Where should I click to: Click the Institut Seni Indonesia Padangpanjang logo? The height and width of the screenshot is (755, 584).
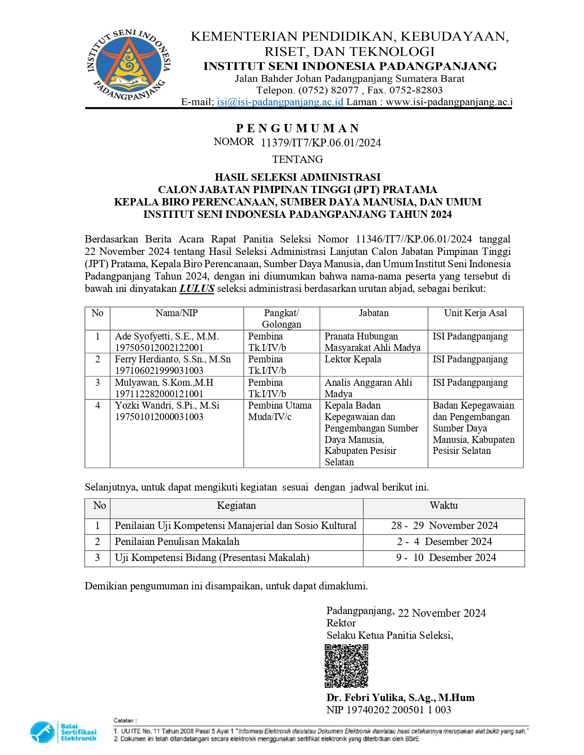point(128,65)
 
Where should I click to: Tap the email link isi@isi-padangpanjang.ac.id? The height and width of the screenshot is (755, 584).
point(280,102)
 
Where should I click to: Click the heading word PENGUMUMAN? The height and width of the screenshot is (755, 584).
point(298,128)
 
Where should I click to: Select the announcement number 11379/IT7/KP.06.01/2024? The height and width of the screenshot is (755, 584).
point(321,143)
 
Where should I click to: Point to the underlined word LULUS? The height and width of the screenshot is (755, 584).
point(197,289)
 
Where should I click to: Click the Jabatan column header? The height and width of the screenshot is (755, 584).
point(374,313)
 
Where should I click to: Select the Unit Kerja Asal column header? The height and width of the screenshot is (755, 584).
point(475,313)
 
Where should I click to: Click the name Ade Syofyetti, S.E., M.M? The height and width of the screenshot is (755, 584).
point(167,337)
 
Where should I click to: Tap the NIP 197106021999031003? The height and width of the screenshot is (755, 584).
point(159,371)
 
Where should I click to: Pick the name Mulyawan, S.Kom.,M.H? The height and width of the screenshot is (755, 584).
point(164,383)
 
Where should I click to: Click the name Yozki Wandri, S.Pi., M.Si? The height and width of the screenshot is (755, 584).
point(167,406)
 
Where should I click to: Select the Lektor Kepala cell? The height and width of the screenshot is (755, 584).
point(353,360)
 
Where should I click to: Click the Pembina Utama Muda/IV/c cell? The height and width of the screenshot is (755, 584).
point(279,411)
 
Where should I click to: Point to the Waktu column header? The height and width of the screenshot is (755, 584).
point(443,506)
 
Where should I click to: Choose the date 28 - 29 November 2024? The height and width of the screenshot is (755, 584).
point(444,526)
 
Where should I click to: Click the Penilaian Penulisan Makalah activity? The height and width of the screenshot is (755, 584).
point(177,542)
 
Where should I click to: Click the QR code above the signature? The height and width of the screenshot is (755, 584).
point(346,666)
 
